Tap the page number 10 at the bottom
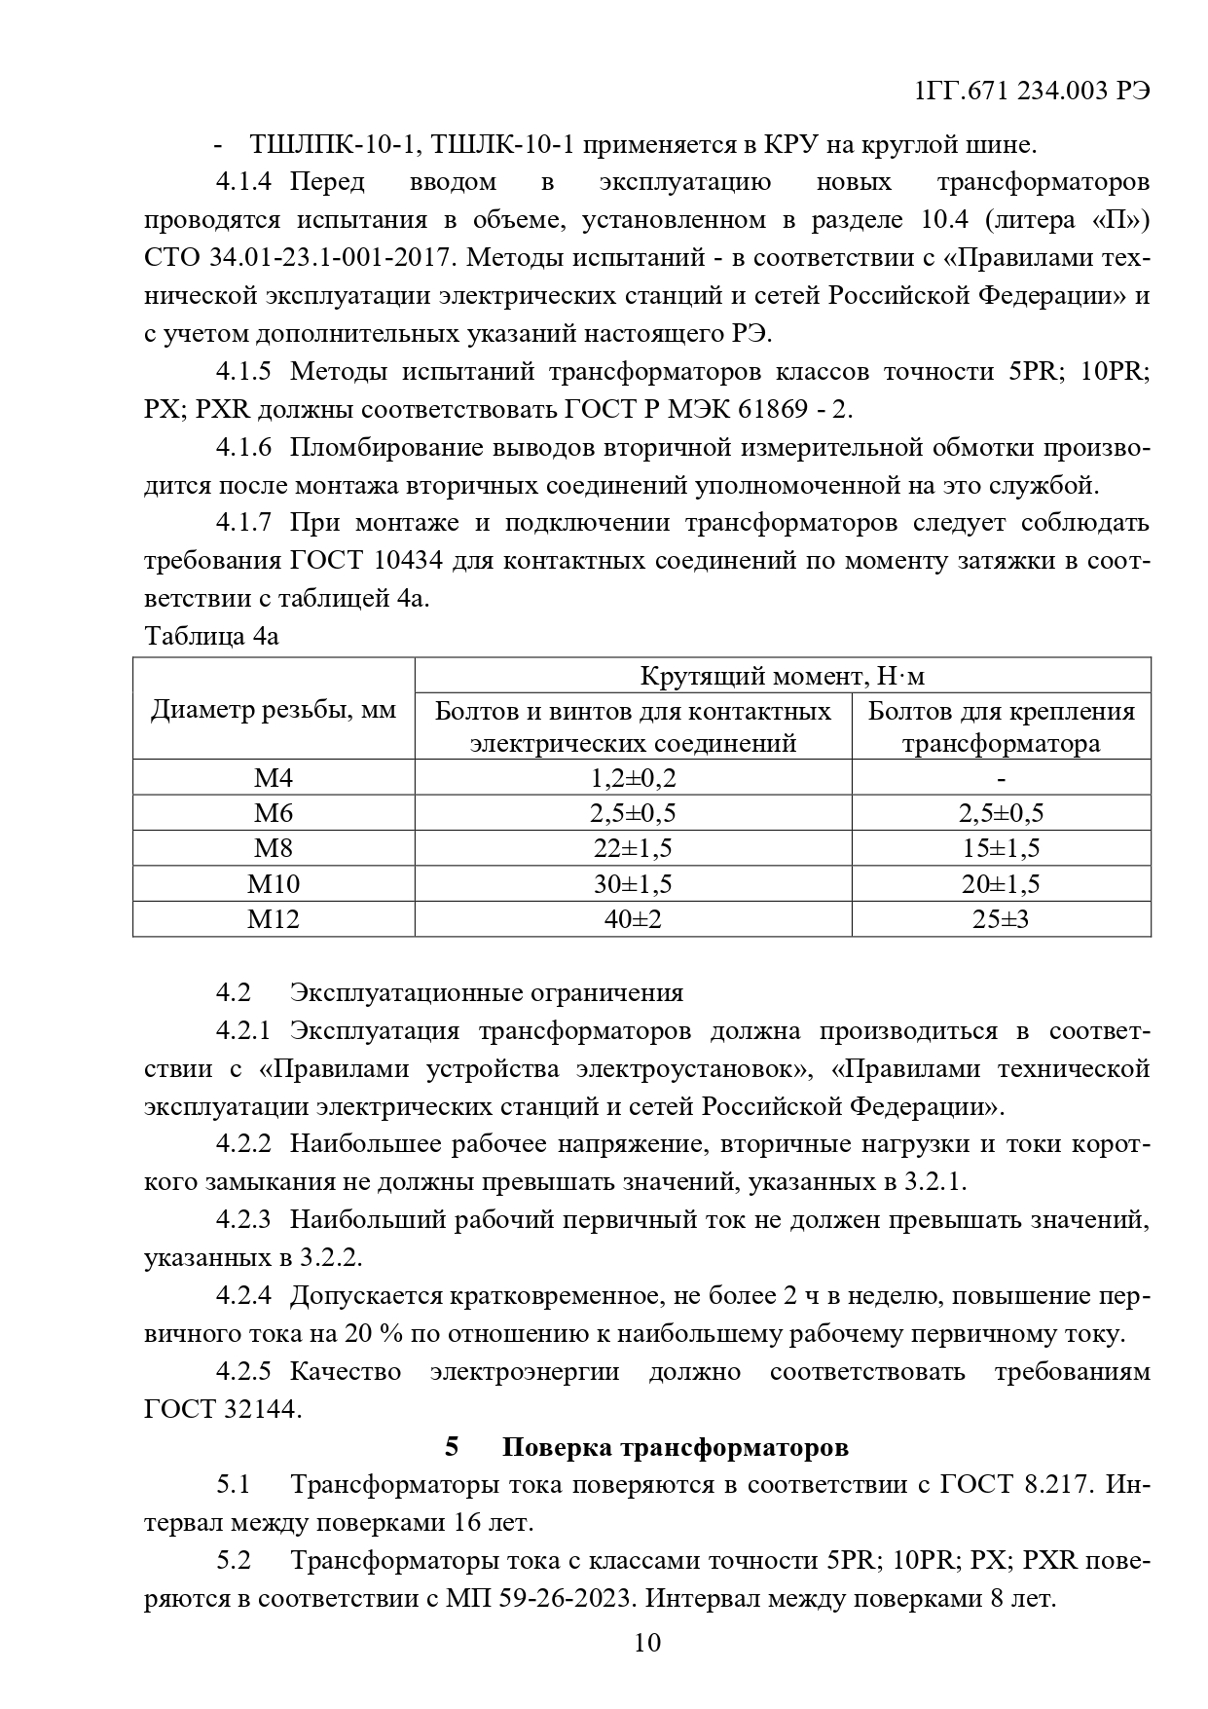pos(646,1643)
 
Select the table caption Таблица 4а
pos(211,636)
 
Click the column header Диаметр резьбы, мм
pos(274,710)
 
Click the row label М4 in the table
pos(274,777)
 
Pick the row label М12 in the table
pos(274,918)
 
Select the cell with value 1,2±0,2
pos(633,777)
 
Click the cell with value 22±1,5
pos(633,848)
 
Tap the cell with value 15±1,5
pos(1001,848)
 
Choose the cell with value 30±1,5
pos(633,883)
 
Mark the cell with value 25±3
pos(1001,918)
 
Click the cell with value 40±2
pos(633,918)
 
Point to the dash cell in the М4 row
pos(1001,777)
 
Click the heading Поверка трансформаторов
pos(675,1447)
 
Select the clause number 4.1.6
pos(243,448)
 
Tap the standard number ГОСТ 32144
pos(222,1409)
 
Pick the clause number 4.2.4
pos(243,1296)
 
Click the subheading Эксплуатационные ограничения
pos(487,992)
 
